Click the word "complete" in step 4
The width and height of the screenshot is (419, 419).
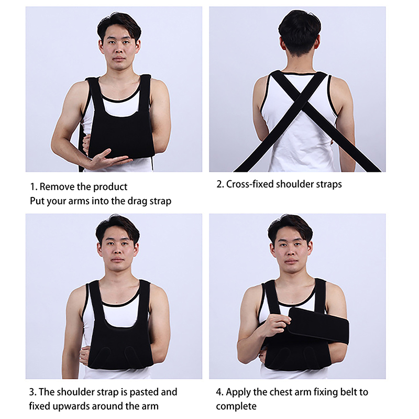point(236,407)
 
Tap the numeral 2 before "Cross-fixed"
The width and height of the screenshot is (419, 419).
point(219,184)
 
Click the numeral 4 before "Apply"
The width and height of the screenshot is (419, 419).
point(219,392)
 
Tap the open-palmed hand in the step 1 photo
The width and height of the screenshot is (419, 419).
point(109,159)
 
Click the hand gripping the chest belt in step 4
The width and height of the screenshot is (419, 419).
point(275,324)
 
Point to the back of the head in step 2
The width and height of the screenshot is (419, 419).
point(299,31)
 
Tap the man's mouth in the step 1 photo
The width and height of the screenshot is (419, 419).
point(119,59)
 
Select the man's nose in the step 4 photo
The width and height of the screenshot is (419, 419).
point(291,251)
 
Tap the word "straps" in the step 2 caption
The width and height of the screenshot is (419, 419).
point(329,184)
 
